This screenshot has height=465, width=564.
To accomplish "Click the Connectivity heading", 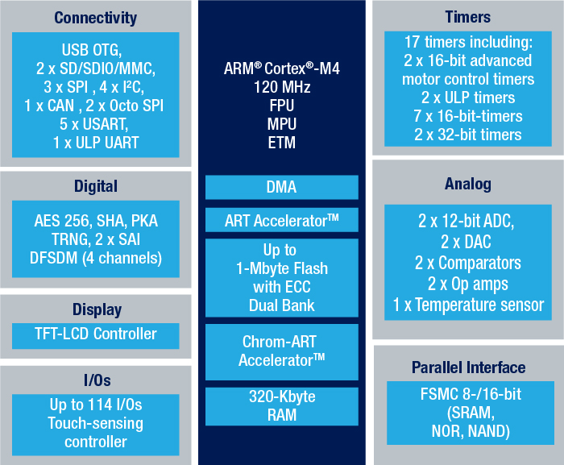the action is point(95,18).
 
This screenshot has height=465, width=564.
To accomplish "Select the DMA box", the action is point(282,187).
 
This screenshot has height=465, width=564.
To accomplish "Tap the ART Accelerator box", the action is point(282,220).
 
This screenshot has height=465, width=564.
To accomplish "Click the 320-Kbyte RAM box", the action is point(282,406).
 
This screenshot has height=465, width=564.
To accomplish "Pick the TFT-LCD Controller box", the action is point(96,336).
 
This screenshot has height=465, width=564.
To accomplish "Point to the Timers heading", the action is point(467,17).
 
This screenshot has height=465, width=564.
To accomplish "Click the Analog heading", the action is point(467,184).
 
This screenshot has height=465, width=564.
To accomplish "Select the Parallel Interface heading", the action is point(468,367).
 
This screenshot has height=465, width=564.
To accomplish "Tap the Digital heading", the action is point(96,186).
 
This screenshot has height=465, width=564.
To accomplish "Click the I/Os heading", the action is point(97,380).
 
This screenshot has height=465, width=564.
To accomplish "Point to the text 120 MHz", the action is point(282,87).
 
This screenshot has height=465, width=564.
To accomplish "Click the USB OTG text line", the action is point(92,50).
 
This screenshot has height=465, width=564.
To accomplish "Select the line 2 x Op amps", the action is point(467,284).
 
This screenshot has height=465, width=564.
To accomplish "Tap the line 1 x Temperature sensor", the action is point(468,305).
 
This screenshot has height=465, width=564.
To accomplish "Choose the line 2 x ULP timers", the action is point(468,98).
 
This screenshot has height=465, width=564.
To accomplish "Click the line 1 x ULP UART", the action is point(96,143).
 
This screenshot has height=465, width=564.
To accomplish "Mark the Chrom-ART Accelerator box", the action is point(282,352).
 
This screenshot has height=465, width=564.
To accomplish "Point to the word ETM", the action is point(282,143).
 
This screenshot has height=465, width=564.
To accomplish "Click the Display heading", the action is point(97,309).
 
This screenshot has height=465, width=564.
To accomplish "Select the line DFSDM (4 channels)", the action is point(96,258).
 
